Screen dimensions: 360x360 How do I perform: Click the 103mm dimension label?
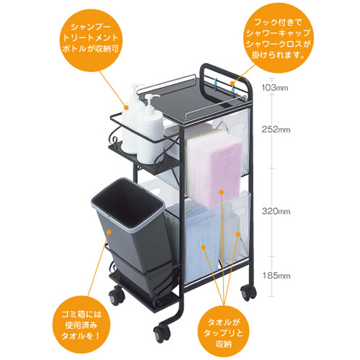275,88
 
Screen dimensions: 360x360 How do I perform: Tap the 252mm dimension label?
276,130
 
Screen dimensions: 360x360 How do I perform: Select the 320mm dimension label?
276,211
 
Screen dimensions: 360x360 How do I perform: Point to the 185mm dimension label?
276,276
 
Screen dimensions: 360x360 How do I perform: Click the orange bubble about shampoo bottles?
90,37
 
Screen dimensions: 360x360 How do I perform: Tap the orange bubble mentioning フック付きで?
279,38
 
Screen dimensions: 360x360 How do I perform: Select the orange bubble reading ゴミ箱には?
81,325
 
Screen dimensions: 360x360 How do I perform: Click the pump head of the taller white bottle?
135,89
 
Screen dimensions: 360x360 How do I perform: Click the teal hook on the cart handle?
217,86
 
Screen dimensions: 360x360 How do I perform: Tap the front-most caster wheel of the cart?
161,333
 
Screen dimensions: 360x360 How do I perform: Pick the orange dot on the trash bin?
109,232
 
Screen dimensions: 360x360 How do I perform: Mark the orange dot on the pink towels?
221,192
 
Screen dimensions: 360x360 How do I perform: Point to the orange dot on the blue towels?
204,247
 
